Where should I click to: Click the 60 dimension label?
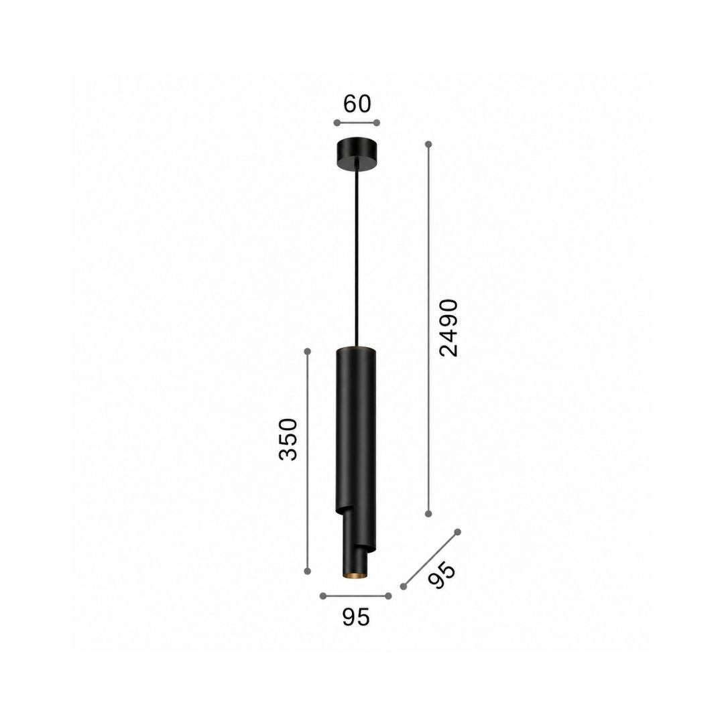pyautogui.click(x=357, y=104)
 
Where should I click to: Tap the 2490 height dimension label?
pyautogui.click(x=448, y=328)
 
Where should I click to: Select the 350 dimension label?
pyautogui.click(x=288, y=439)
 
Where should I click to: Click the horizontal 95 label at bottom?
pyautogui.click(x=356, y=617)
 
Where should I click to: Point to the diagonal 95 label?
pyautogui.click(x=441, y=575)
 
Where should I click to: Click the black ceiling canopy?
pyautogui.click(x=356, y=154)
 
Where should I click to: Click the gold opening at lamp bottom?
pyautogui.click(x=355, y=575)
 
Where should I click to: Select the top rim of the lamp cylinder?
pyautogui.click(x=356, y=348)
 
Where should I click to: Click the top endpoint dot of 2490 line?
pyautogui.click(x=428, y=144)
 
